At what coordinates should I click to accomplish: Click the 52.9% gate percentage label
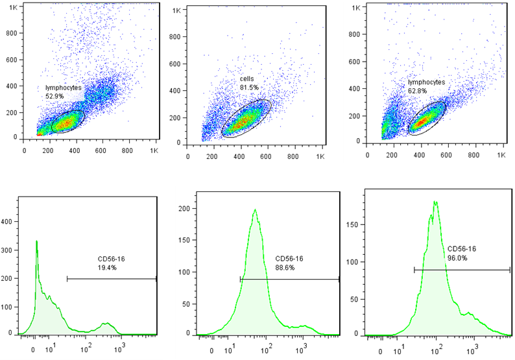(x=54, y=96)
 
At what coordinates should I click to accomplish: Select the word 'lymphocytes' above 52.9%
(x=64, y=87)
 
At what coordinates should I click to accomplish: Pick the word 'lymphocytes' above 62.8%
(x=427, y=82)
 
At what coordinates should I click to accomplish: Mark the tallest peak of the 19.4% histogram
(x=36, y=241)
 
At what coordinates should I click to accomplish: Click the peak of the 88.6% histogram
(x=255, y=210)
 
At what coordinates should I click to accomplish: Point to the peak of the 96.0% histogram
(x=436, y=202)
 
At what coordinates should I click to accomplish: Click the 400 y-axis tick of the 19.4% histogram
(x=8, y=221)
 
